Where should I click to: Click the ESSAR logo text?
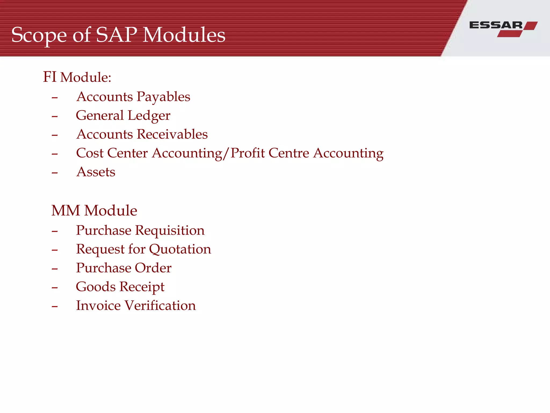[496, 26]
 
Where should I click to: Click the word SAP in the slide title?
[117, 35]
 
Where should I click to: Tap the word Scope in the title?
[39, 35]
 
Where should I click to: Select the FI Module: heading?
[77, 77]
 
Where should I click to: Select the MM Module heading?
[94, 211]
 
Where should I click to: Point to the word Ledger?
[149, 116]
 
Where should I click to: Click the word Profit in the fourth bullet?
[248, 153]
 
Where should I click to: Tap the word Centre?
[289, 153]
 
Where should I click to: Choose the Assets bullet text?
[96, 172]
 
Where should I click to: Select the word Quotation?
[180, 249]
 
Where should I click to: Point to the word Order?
[153, 268]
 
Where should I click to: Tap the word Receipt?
[142, 287]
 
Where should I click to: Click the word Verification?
[160, 305]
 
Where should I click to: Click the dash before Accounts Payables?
[55, 98]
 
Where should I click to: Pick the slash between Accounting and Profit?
[226, 154]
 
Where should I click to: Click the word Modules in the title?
[184, 35]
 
